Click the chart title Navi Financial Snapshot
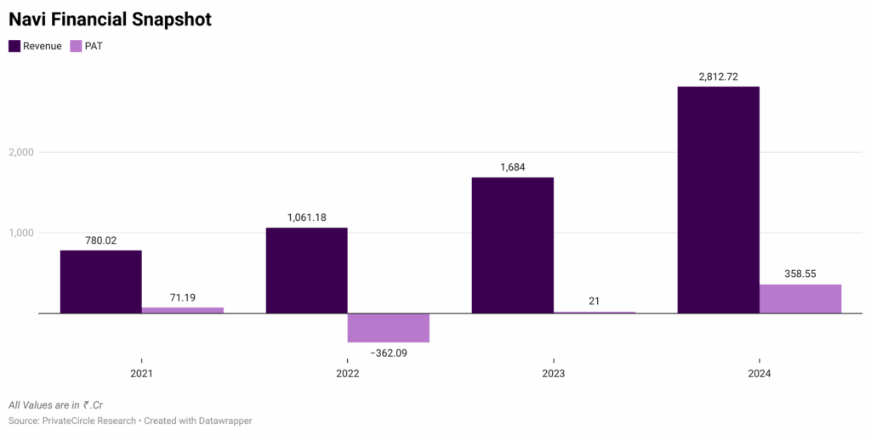coord(111,19)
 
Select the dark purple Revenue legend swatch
coord(14,46)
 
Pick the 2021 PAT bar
coord(182,310)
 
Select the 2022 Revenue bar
coord(306,270)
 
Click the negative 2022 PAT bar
coord(388,328)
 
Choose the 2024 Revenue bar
coord(718,200)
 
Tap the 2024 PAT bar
coord(800,298)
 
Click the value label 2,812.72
coord(718,76)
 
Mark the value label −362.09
coord(388,353)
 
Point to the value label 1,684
coord(512,167)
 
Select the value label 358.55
coord(800,274)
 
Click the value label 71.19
coord(182,297)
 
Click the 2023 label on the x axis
coord(554,374)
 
